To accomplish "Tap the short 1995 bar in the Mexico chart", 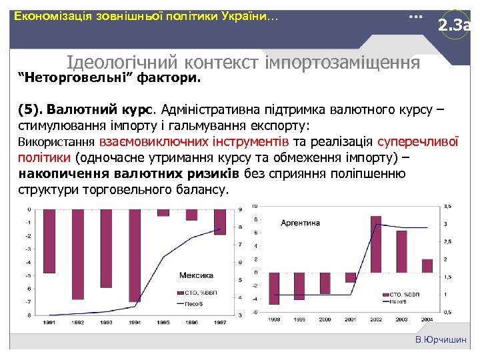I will coord(163,212).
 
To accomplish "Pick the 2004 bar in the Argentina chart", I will coord(427,266).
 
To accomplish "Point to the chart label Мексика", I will coord(196,275).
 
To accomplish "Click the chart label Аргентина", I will coord(300,222).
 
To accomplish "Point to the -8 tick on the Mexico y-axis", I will coord(27,315).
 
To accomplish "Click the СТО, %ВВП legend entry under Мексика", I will coord(197,293).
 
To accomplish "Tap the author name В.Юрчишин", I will coord(441,340).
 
